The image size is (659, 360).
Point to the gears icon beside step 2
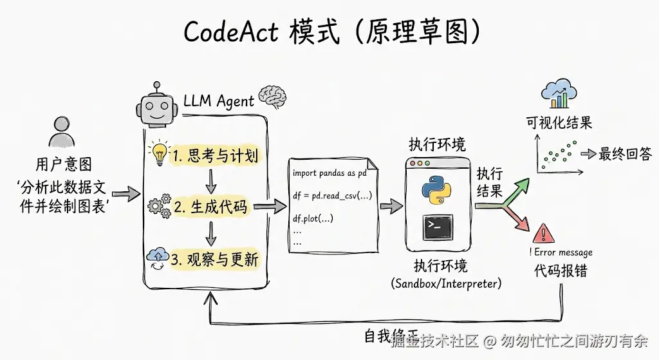[159, 205]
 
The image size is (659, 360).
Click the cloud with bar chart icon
[558, 95]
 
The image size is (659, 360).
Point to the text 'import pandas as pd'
[329, 173]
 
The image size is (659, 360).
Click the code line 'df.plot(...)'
[313, 218]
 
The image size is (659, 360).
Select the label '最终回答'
[625, 154]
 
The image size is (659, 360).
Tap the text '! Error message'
[561, 252]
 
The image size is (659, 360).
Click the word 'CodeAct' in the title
[230, 32]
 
